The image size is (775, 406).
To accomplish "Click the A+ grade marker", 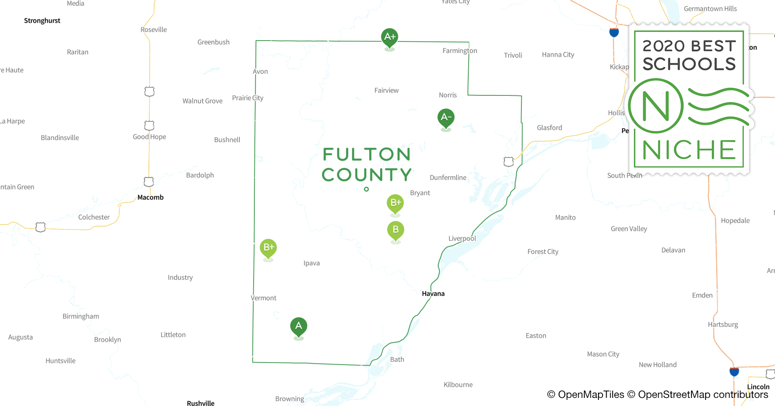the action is pos(390,37).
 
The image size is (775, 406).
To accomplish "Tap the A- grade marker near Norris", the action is pos(446,118).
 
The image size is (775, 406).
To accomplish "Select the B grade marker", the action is pos(396,230).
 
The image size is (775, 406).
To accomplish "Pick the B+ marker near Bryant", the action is pos(396,203).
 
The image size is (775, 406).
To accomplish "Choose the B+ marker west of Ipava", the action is pos(268,248).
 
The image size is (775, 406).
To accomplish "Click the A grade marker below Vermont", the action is pos(299,326).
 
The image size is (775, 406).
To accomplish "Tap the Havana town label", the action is pos(433,294).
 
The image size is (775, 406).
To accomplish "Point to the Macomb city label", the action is pos(151,197).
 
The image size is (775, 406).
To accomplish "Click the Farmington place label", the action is pos(460,51).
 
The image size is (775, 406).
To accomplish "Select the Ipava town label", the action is pos(312,263).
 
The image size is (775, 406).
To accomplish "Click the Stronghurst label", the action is pos(42,21).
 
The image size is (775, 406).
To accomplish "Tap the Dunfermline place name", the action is pos(448,177).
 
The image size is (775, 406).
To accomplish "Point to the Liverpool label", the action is pos(462,238).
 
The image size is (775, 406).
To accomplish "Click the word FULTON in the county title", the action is pos(367,155).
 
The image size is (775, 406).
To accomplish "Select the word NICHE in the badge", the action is pos(689,150).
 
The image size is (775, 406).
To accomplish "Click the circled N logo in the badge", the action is pos(656,106).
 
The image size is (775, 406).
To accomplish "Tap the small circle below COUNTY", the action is pos(366,189).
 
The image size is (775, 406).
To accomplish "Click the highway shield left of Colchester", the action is pos(41,227).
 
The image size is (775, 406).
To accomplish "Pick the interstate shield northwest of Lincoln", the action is pos(734,371).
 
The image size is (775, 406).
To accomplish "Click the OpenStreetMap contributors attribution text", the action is pos(703,395).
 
